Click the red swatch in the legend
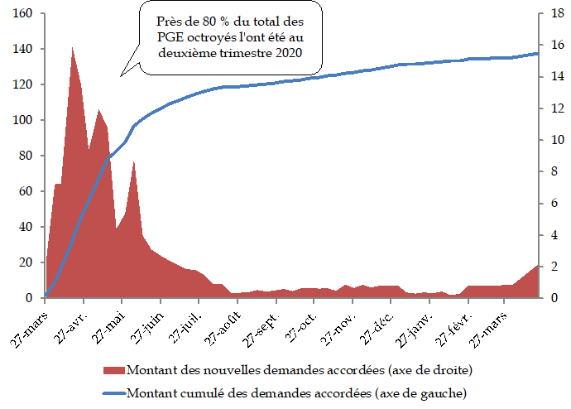pyautogui.click(x=114, y=368)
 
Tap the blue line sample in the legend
pyautogui.click(x=114, y=390)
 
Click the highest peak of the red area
pyautogui.click(x=72, y=47)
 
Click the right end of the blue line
pyautogui.click(x=538, y=53)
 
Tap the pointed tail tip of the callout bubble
pyautogui.click(x=120, y=77)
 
